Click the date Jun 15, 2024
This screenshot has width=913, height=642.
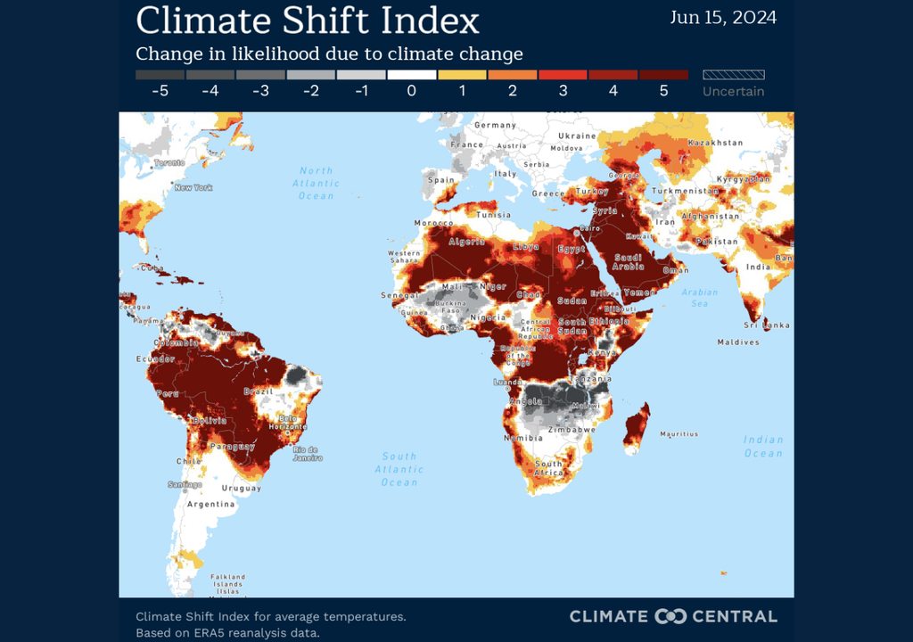coord(723,17)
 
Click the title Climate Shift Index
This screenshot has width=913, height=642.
coord(308,20)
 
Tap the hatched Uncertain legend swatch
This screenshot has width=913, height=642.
coord(733,75)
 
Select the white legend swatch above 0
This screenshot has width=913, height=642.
coord(411,75)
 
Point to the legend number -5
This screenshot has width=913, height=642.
coord(160,91)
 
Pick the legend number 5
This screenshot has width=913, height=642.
coord(663,91)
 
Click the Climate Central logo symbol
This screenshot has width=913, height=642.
coord(670,616)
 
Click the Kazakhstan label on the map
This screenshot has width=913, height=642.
coord(716,143)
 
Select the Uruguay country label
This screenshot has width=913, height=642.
coord(241,488)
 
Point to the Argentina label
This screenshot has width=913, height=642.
coord(211,504)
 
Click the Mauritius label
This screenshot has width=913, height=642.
coord(679,434)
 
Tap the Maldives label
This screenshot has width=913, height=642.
coord(738,342)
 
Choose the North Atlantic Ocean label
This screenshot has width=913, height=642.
coord(316,183)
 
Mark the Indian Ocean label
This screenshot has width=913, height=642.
coord(763,446)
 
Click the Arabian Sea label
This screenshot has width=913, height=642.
coord(700,298)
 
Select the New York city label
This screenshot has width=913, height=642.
coord(193,188)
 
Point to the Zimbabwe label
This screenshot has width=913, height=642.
coord(572,430)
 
